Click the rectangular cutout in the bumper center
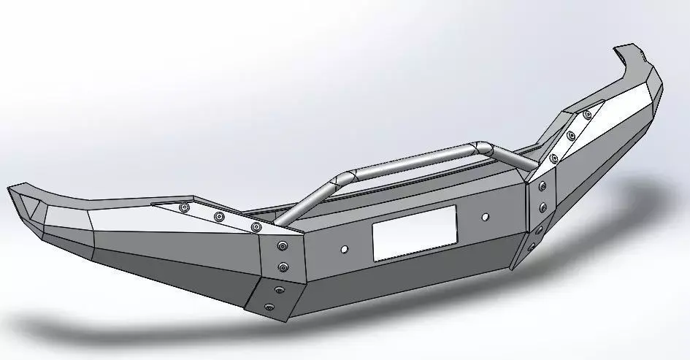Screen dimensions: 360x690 [x=414, y=232]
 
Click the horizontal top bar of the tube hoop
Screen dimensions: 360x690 [x=413, y=160]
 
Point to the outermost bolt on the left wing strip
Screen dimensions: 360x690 [x=184, y=208]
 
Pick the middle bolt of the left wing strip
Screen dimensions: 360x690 [x=218, y=217]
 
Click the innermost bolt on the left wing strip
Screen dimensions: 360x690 [x=255, y=227]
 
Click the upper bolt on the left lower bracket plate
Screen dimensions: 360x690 [x=278, y=291]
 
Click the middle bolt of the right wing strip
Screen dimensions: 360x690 [x=571, y=135]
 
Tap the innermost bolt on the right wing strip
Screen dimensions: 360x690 [x=554, y=158]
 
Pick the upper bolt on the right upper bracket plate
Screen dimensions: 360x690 [x=542, y=187]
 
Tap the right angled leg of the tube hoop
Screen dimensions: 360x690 [x=511, y=155]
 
